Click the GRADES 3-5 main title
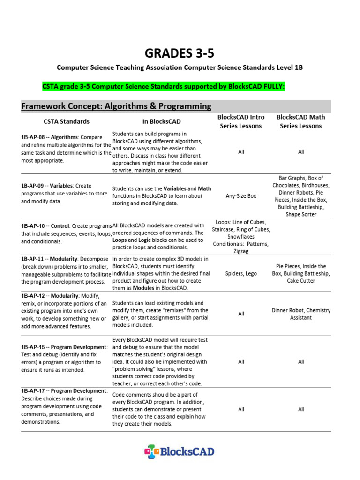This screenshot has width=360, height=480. point(180,53)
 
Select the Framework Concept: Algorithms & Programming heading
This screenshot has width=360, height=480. point(116,106)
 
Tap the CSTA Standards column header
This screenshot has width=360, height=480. point(66,121)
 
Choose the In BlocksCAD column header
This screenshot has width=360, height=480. point(161,121)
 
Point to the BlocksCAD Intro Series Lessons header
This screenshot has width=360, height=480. point(241,121)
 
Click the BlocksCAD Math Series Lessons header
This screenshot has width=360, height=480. point(300,121)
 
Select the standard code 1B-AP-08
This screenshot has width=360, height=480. point(33,138)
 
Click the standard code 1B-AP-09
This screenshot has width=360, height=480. point(33,186)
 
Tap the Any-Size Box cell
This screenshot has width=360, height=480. point(241,196)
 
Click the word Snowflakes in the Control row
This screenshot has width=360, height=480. point(241,237)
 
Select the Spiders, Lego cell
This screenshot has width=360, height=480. point(241,273)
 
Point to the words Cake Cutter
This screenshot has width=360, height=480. point(301,281)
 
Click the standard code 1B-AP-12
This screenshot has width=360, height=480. point(33,296)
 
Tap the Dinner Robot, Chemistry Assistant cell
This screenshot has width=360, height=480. point(301,314)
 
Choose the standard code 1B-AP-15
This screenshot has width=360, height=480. point(33,347)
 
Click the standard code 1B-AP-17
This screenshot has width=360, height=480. point(33,391)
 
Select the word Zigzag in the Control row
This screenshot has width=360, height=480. point(241,251)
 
